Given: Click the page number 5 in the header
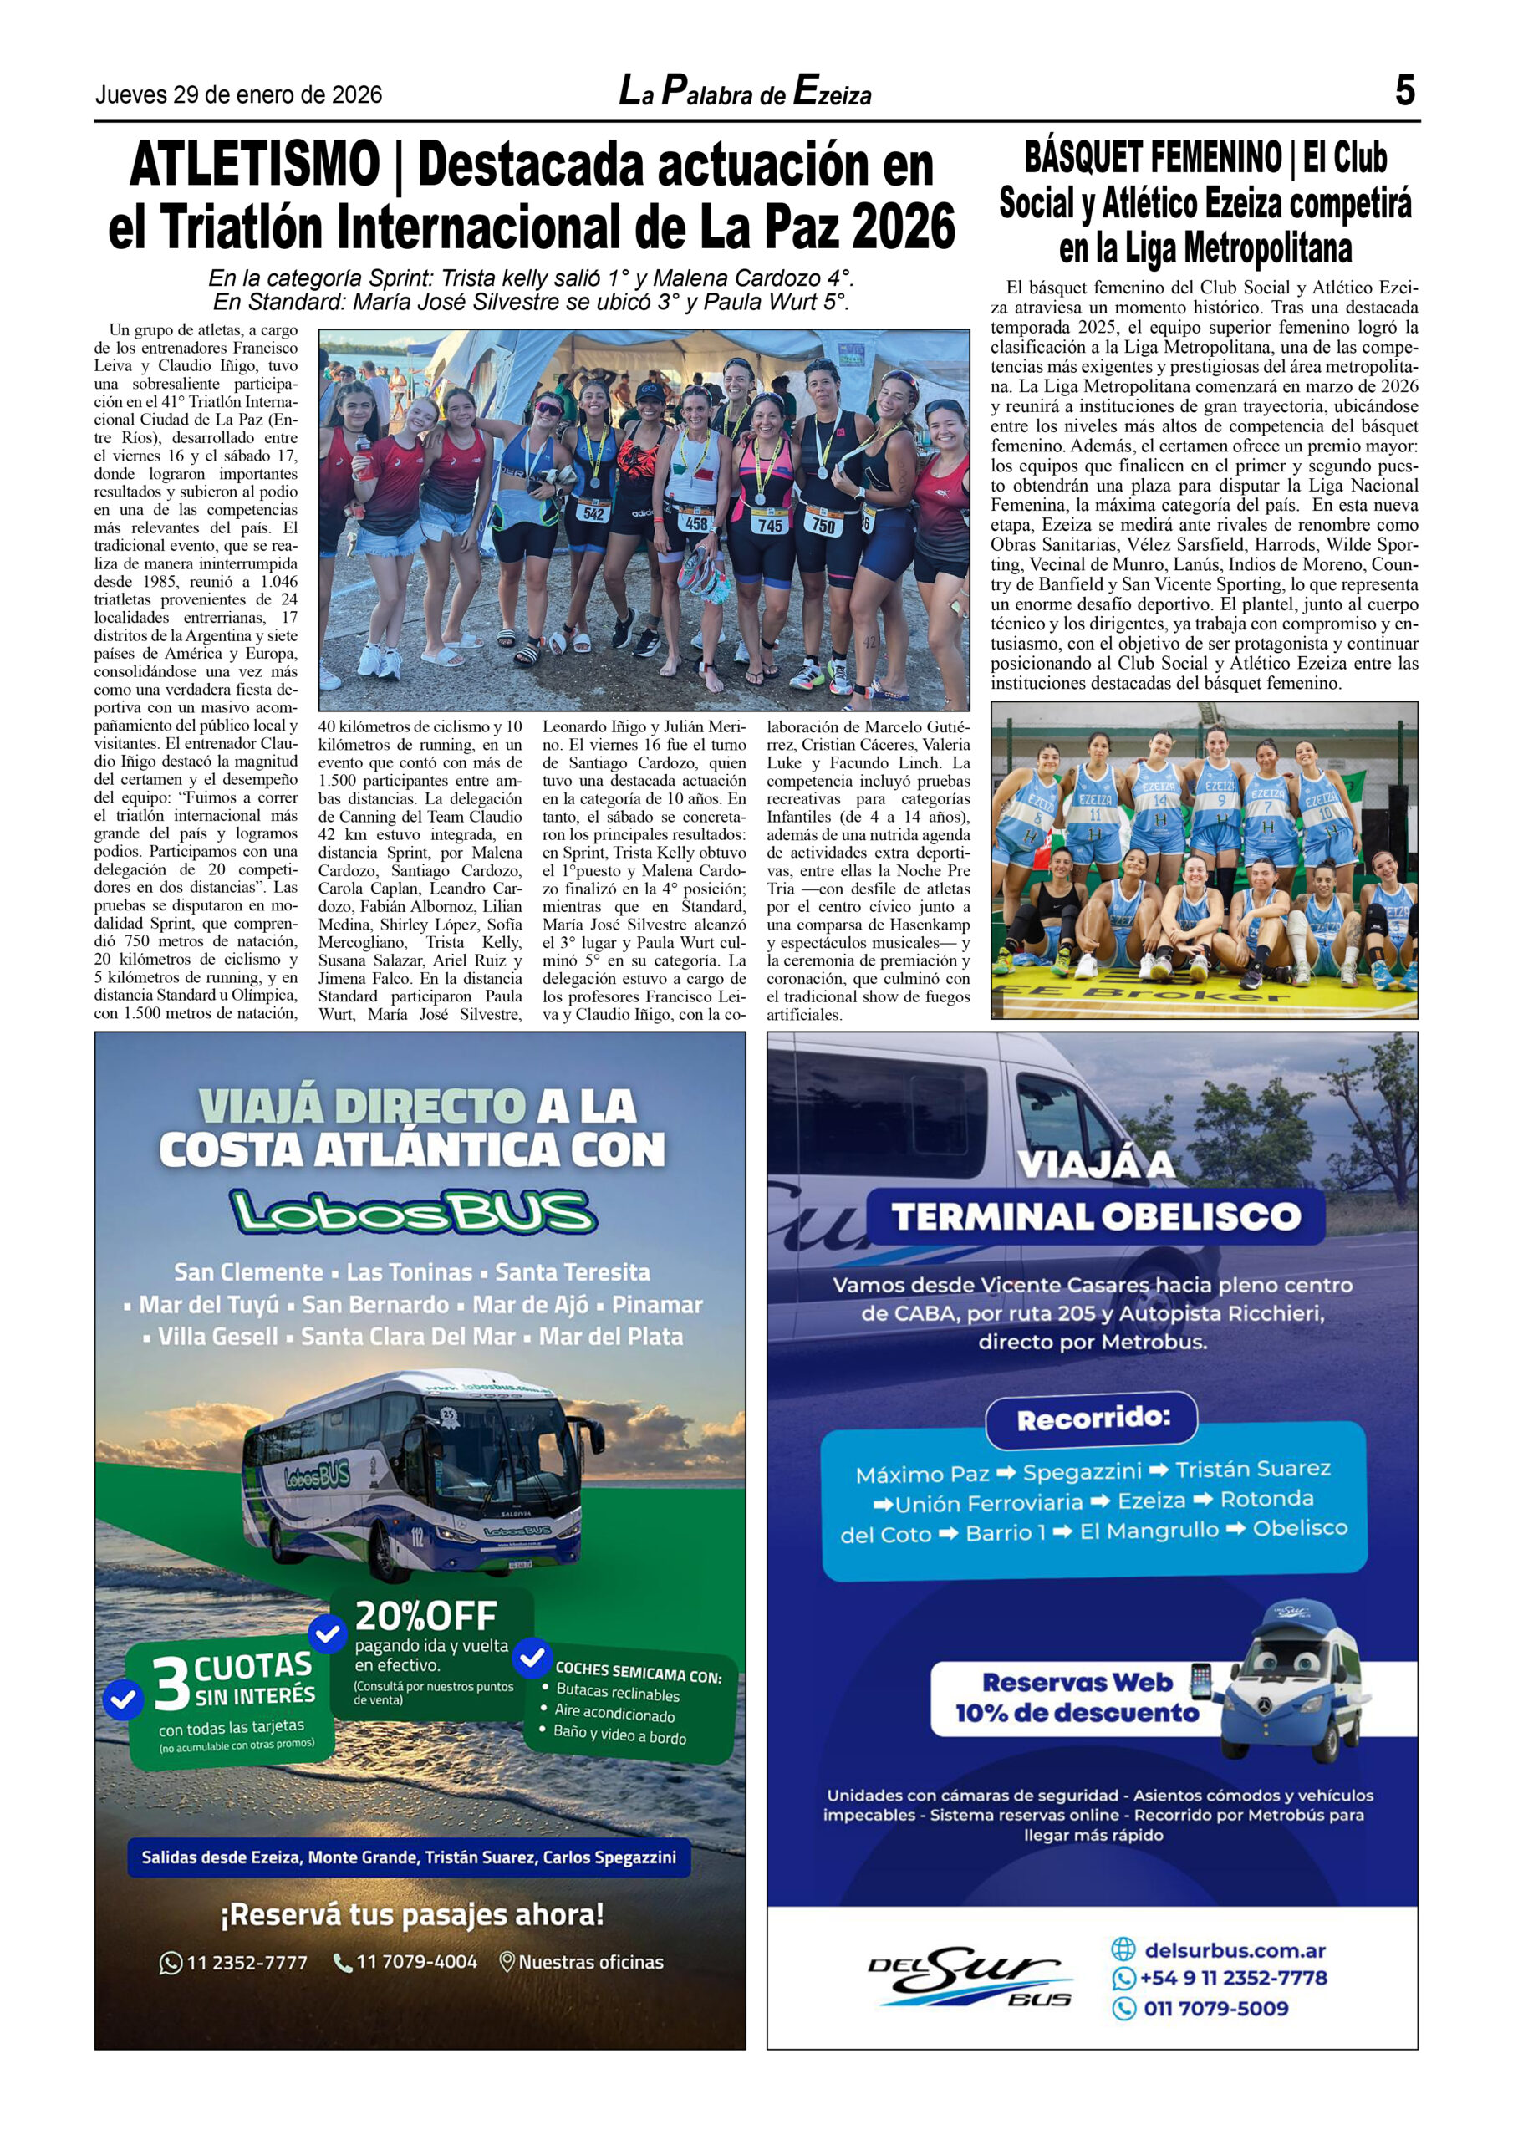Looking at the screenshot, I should coord(1405,91).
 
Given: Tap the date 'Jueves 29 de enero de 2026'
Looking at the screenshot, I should coord(238,95).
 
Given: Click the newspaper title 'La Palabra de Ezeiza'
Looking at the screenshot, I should coord(745,93).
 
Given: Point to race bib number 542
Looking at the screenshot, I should coord(593,512).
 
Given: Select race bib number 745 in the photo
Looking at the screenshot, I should coord(770,526).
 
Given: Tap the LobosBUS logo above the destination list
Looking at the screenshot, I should coord(413,1213).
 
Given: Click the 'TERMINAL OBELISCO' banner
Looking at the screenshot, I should coord(1095,1216).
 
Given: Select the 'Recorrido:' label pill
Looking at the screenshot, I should coord(1093,1419).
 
